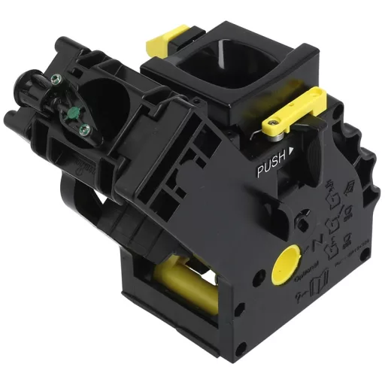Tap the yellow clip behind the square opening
169,35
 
